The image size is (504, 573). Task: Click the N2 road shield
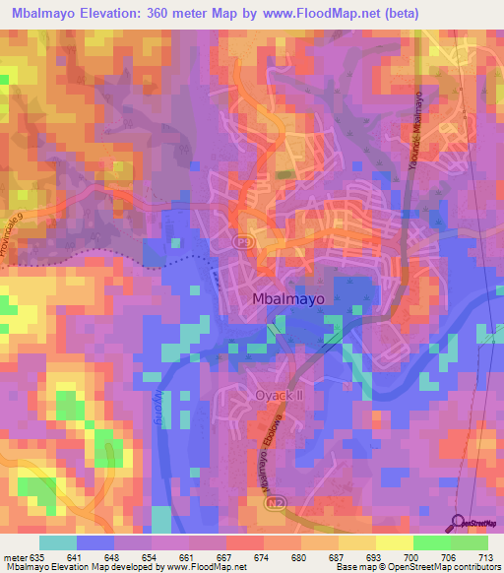(x=274, y=502)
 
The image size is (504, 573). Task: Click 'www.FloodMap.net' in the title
(x=329, y=13)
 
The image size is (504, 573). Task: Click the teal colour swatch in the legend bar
(x=57, y=542)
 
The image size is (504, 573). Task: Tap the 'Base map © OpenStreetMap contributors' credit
(x=416, y=567)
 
